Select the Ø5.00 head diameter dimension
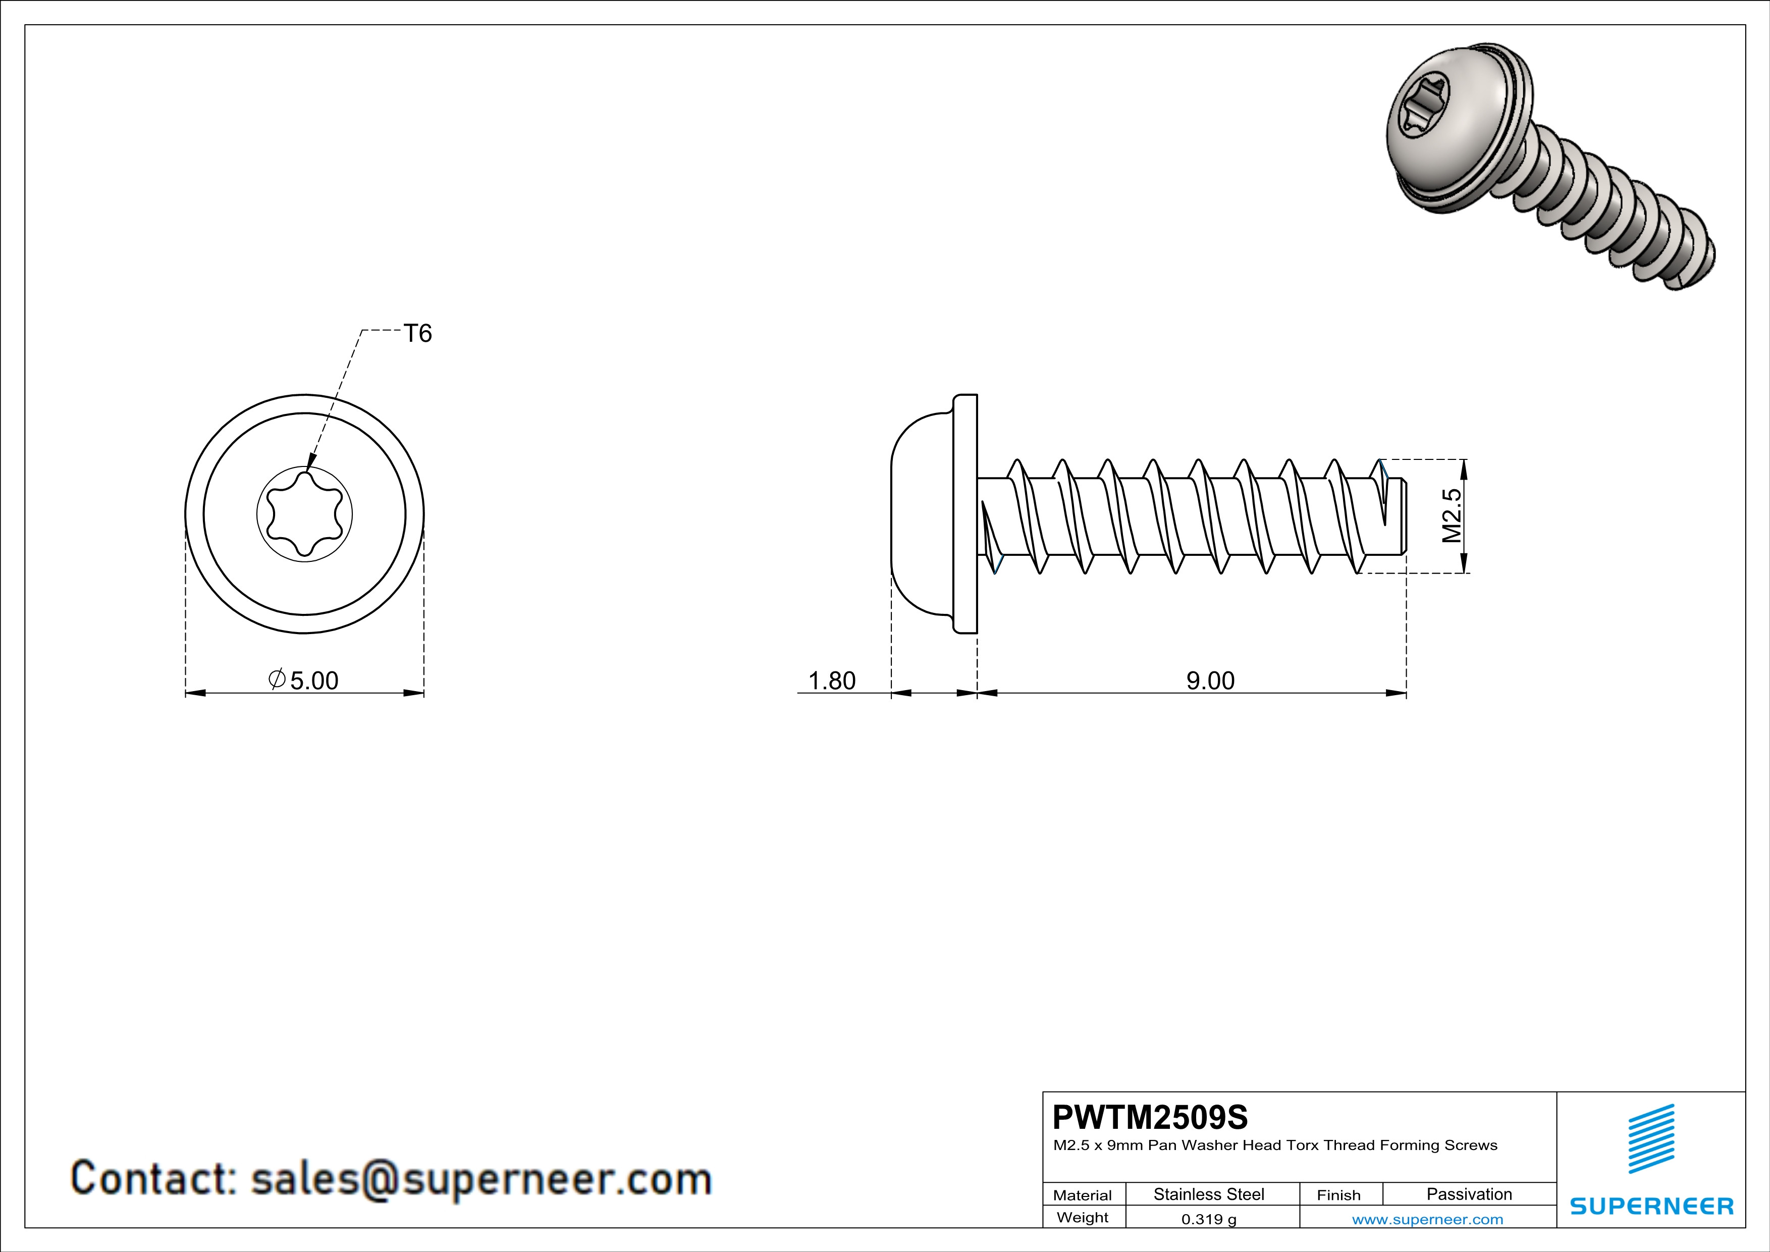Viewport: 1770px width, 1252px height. [x=304, y=680]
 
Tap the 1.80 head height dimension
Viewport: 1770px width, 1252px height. [x=831, y=680]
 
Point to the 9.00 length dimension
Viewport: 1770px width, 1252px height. [x=1210, y=680]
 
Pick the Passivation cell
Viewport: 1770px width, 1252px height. [x=1469, y=1194]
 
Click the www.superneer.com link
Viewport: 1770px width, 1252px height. [x=1427, y=1219]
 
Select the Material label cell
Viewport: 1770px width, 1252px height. [x=1083, y=1195]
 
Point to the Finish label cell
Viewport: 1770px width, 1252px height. [x=1338, y=1195]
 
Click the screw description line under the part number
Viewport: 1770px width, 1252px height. [x=1275, y=1145]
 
